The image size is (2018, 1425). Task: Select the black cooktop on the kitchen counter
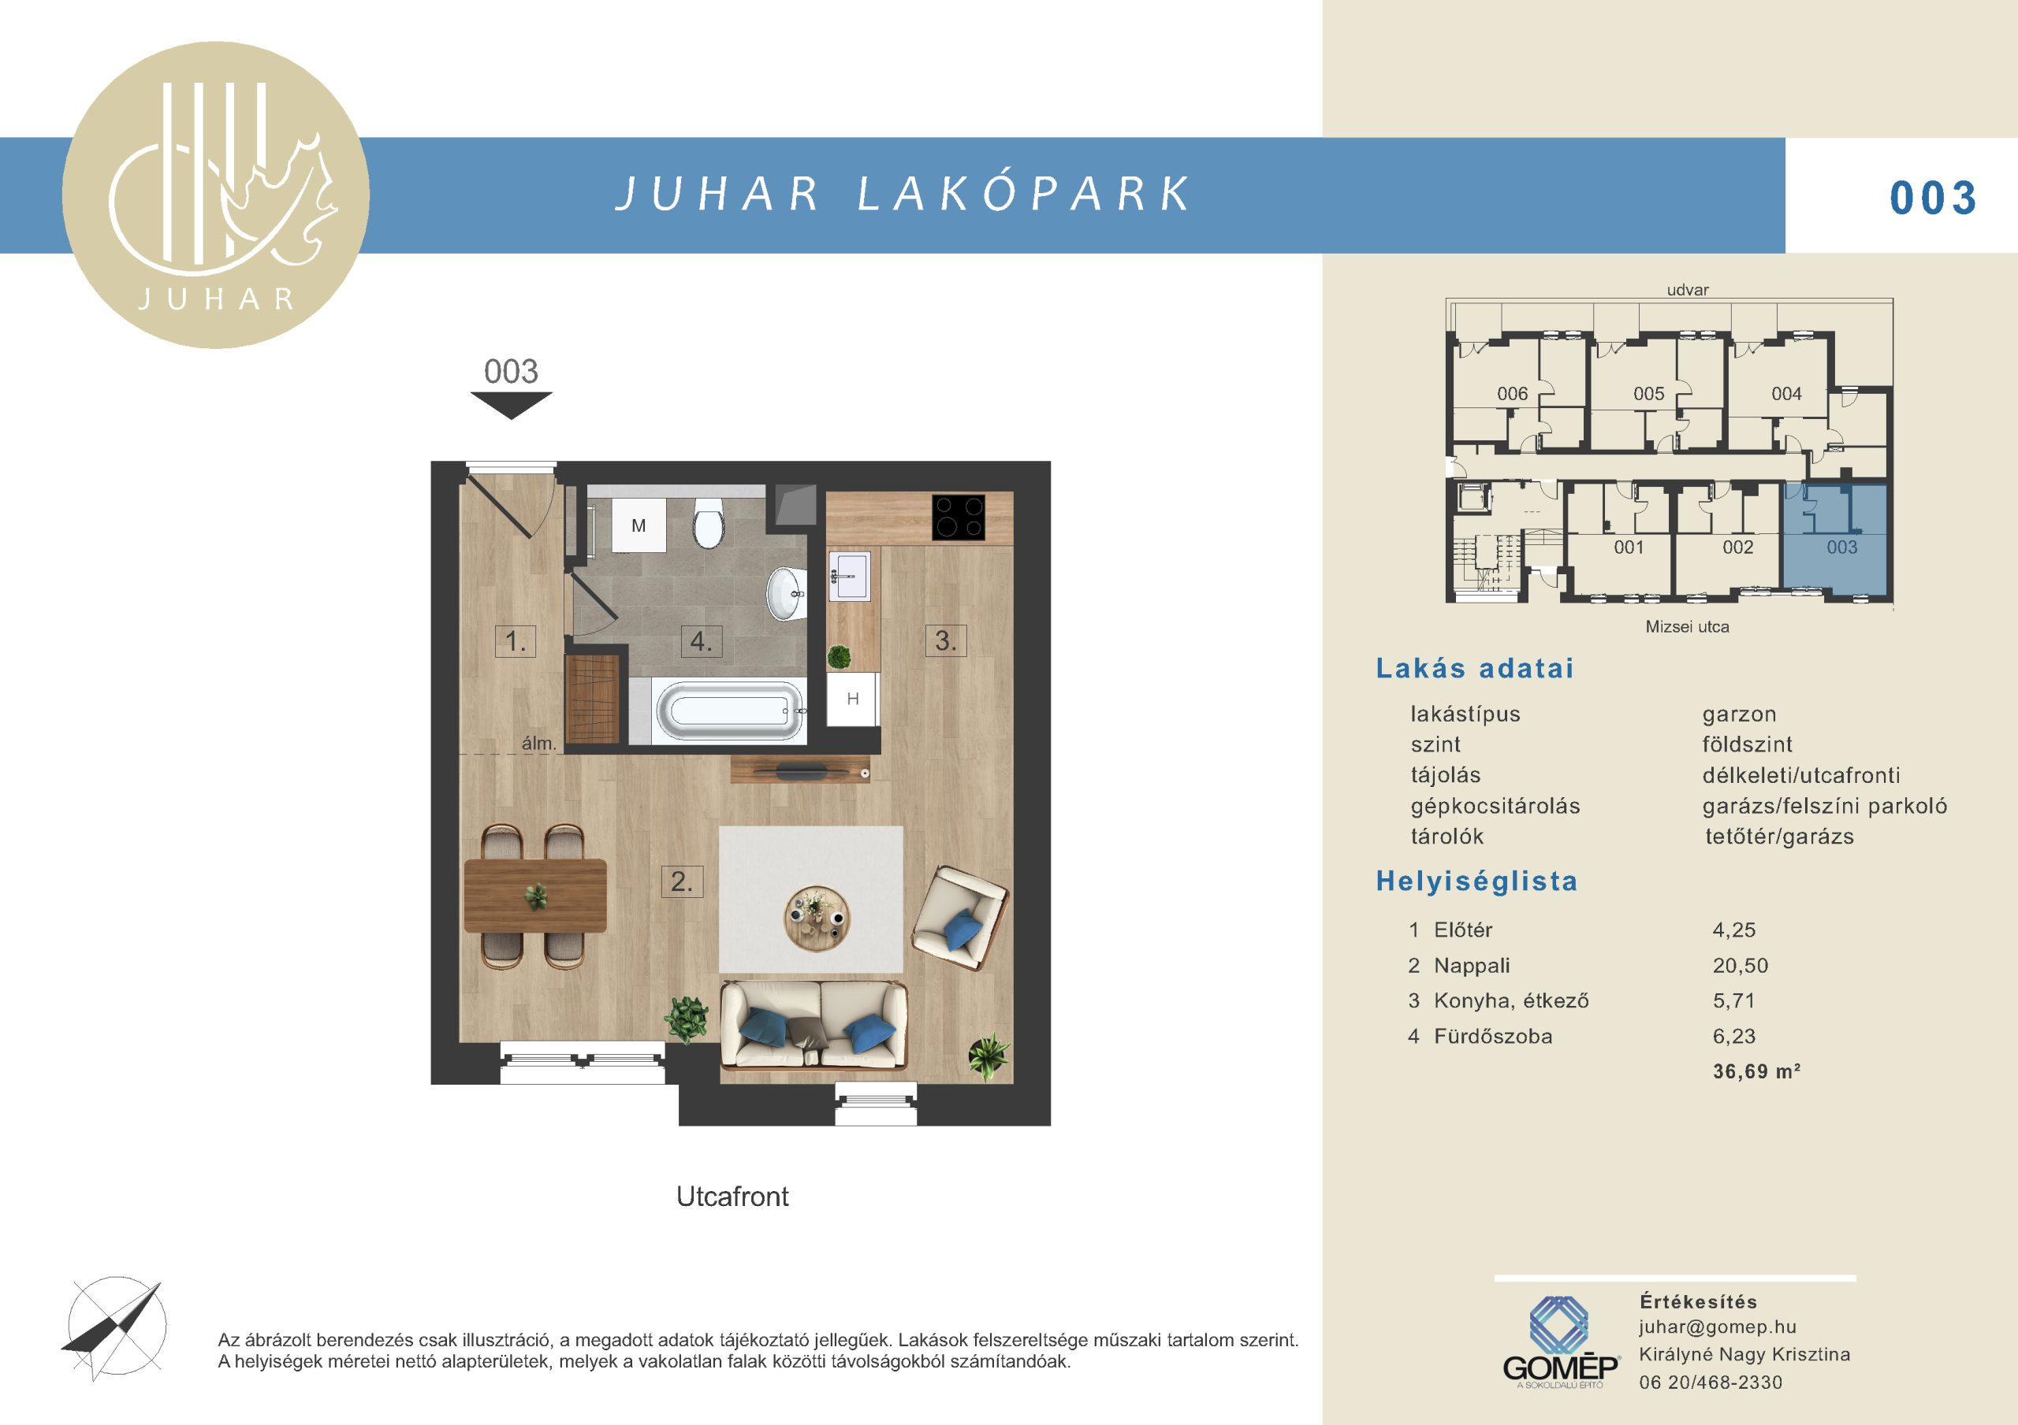pyautogui.click(x=958, y=518)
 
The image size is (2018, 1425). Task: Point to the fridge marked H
pyautogui.click(x=853, y=700)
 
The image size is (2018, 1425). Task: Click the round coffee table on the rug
pyautogui.click(x=817, y=917)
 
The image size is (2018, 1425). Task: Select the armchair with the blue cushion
pyautogui.click(x=959, y=918)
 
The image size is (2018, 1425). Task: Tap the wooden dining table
pyautogui.click(x=535, y=895)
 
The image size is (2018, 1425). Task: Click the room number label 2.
pyautogui.click(x=681, y=881)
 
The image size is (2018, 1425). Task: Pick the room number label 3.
pyautogui.click(x=946, y=640)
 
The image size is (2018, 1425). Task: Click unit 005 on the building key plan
pyautogui.click(x=1649, y=394)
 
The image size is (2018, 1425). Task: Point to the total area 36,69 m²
pyautogui.click(x=1756, y=1072)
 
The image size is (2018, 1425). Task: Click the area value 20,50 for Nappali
pyautogui.click(x=1741, y=966)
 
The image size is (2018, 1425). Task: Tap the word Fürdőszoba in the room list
pyautogui.click(x=1492, y=1037)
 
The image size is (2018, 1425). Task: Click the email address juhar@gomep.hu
pyautogui.click(x=1718, y=1327)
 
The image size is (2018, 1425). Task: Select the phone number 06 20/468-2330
pyautogui.click(x=1711, y=1382)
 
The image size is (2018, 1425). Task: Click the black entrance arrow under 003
pyautogui.click(x=512, y=405)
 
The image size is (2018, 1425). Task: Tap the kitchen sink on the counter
pyautogui.click(x=849, y=577)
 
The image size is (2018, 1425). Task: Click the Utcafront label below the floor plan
pyautogui.click(x=732, y=1197)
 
